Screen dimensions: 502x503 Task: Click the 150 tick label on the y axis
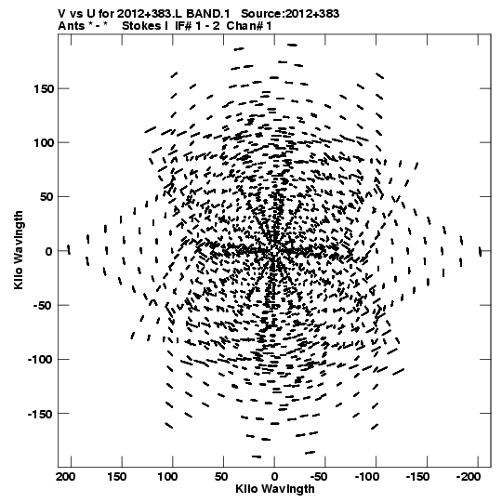click(x=44, y=88)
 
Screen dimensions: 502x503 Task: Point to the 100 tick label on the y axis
click(x=44, y=142)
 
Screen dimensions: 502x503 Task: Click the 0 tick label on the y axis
click(x=48, y=251)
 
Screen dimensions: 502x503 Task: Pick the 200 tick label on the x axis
click(x=66, y=477)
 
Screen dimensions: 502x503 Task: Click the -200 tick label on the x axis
click(x=469, y=477)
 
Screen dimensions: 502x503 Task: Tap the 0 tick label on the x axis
click(x=274, y=477)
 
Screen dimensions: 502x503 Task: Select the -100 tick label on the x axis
click(x=366, y=477)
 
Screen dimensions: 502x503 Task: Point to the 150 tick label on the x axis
click(x=116, y=477)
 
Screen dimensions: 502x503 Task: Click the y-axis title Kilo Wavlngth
click(x=19, y=250)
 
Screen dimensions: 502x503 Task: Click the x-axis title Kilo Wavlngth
click(x=275, y=489)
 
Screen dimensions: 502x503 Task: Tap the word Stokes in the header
click(x=141, y=26)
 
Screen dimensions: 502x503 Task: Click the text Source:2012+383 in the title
click(x=290, y=14)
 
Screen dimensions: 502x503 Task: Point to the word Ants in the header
click(x=72, y=26)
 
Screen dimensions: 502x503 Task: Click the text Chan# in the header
click(x=245, y=26)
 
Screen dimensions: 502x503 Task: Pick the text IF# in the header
click(x=183, y=26)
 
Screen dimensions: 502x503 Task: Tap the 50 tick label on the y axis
click(x=47, y=197)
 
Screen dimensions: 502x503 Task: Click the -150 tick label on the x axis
click(x=417, y=477)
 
